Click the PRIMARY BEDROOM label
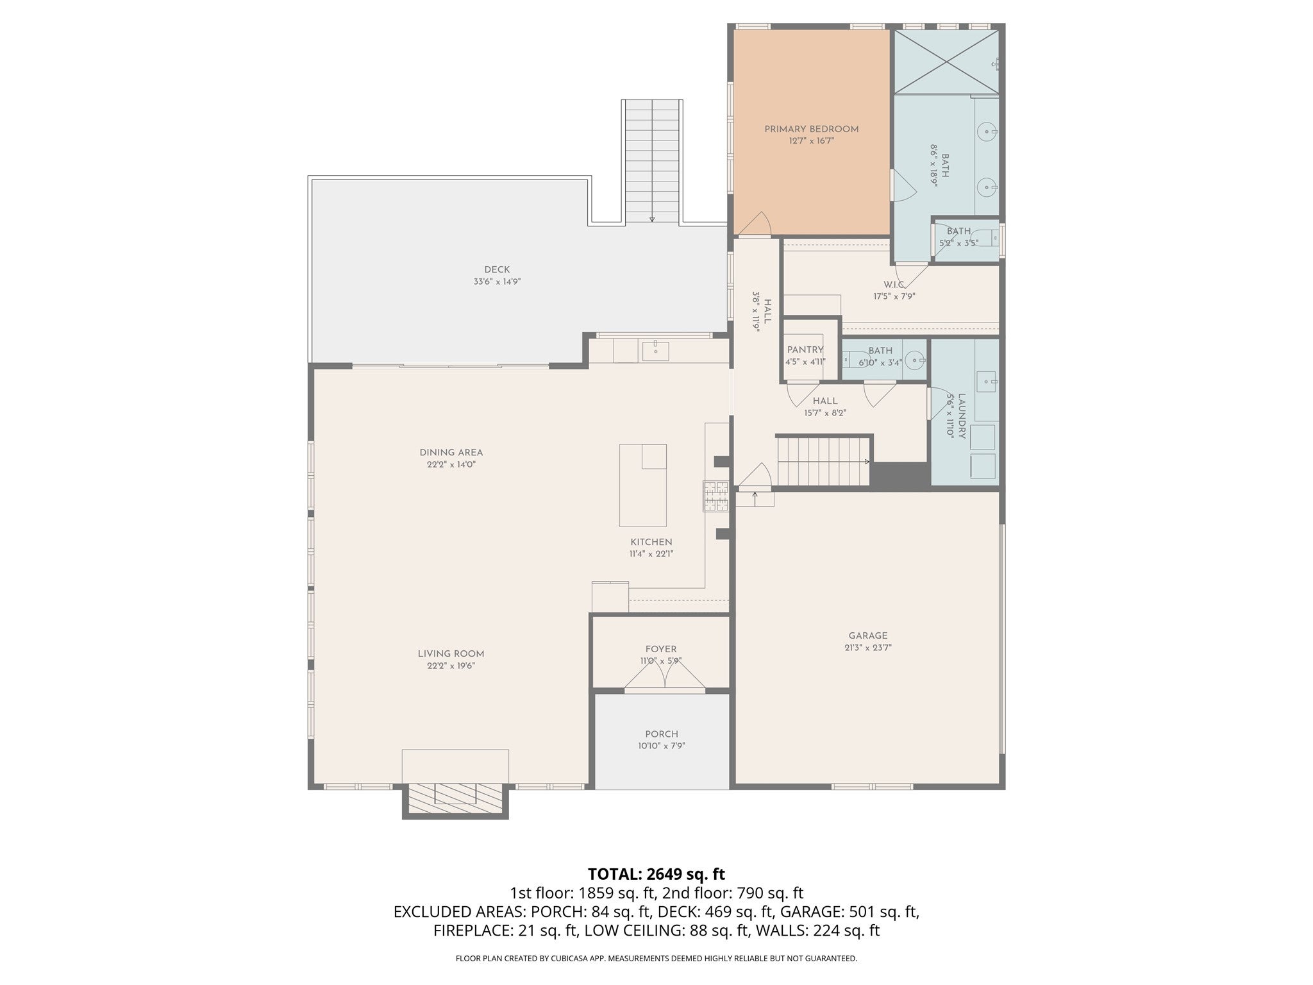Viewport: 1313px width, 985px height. point(811,129)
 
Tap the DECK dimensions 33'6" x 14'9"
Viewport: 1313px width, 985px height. point(497,282)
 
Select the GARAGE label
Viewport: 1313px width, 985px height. point(868,636)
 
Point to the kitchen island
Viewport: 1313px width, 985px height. point(642,484)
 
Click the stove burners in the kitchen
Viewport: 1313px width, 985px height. point(716,496)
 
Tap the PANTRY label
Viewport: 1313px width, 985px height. point(805,349)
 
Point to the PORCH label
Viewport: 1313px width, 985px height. point(662,734)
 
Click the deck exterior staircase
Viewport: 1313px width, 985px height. point(652,160)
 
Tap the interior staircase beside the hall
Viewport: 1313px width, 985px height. point(823,462)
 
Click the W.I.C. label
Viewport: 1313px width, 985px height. point(894,284)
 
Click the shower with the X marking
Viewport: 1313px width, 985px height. point(946,62)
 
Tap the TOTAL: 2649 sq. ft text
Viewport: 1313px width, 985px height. point(656,873)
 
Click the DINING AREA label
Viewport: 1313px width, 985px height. point(451,453)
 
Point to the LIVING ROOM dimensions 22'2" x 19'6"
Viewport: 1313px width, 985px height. point(451,666)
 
